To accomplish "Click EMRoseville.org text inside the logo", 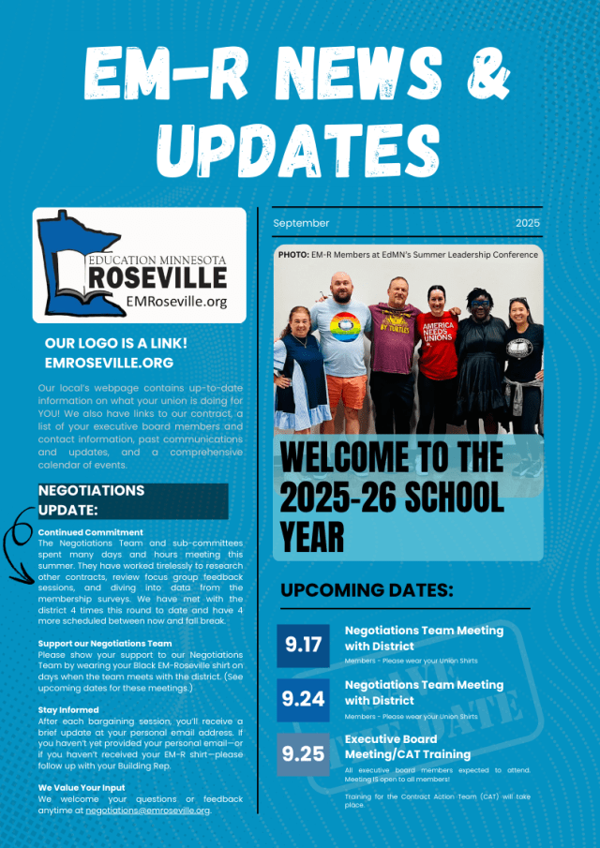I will (176, 301).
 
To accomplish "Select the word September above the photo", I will (301, 223).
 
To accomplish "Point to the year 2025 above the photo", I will (528, 223).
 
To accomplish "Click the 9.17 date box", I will (303, 646).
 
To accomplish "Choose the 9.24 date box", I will (303, 700).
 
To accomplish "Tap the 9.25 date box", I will (303, 754).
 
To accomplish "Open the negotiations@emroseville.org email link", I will (147, 811).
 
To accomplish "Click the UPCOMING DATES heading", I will (367, 590).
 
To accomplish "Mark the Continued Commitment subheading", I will (91, 532).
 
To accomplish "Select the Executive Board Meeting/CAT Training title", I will (407, 747).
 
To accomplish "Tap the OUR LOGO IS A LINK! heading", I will (115, 343).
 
